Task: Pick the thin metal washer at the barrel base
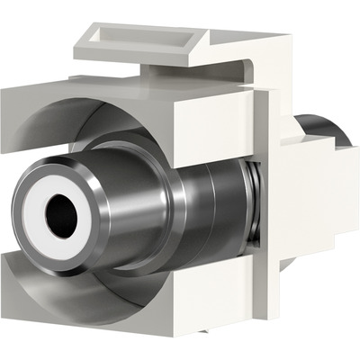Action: pyautogui.click(x=245, y=193)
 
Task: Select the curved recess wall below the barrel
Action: pyautogui.click(x=135, y=288)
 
